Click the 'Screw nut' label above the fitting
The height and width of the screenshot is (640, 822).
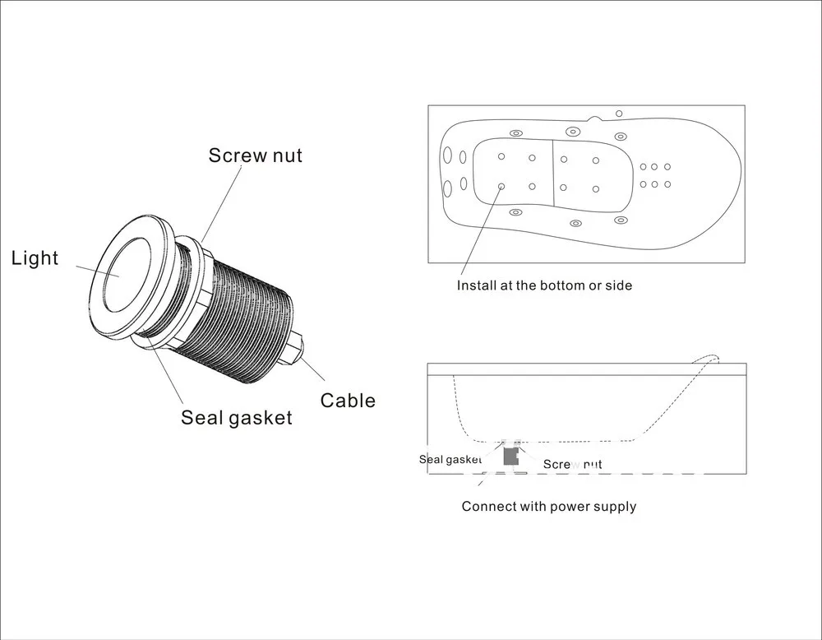(255, 155)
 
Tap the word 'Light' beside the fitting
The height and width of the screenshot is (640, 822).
(35, 258)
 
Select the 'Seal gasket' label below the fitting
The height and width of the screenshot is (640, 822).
(237, 418)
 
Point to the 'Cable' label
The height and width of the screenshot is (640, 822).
(348, 401)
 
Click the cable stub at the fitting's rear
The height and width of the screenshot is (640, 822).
(297, 346)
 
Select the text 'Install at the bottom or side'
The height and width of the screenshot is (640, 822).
(544, 285)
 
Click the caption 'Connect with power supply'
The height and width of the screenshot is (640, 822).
(548, 506)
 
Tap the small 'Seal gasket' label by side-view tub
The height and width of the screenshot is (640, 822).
(450, 460)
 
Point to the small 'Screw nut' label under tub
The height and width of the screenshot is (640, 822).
(572, 465)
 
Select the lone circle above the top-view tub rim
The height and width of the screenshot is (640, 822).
(619, 114)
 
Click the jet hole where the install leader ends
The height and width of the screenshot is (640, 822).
(501, 186)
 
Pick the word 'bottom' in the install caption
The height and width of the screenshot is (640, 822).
(552, 285)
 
